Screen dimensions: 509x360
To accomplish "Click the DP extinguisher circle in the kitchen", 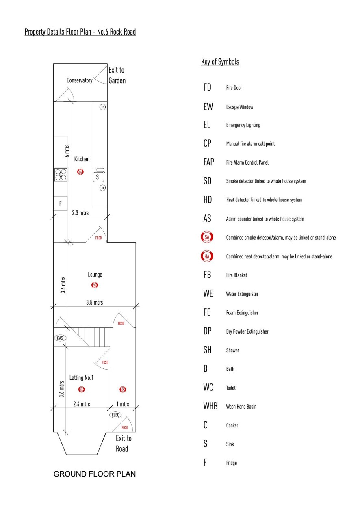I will click(103, 107).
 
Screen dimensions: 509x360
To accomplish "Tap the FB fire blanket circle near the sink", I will click(103, 188).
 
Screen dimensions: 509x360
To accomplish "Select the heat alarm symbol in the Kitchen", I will click(80, 172).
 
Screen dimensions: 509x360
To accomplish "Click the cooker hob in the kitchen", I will click(61, 175).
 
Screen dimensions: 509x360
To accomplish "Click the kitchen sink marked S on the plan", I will click(98, 177).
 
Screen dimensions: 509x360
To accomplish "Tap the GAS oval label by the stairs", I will click(60, 338).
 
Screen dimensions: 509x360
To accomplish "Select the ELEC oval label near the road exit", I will click(116, 415).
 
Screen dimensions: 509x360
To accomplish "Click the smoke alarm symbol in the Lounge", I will click(95, 285).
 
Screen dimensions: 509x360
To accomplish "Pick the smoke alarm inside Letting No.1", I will click(81, 390).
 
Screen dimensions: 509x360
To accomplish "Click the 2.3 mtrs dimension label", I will click(80, 213).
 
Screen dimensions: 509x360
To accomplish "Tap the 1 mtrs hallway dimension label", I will click(123, 404).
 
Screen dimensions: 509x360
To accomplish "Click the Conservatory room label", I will click(80, 80).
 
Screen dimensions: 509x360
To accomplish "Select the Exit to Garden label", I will click(117, 76).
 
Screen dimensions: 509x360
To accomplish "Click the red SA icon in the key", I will click(207, 237).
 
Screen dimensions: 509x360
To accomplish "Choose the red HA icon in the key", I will click(207, 256).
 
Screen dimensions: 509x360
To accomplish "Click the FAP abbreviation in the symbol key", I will click(208, 162).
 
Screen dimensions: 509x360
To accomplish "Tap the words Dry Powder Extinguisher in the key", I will click(247, 331).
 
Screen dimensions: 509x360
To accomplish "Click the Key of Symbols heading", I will click(220, 62).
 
